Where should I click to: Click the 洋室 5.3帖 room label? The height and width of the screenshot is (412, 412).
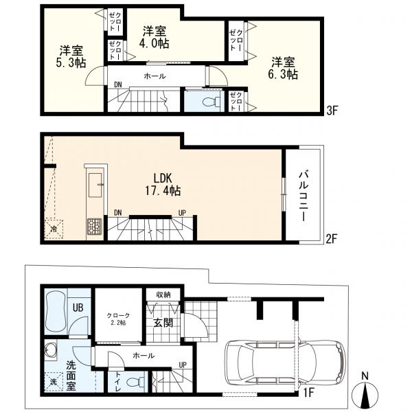pyautogui.click(x=71, y=56)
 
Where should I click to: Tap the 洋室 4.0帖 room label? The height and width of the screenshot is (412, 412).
pyautogui.click(x=154, y=37)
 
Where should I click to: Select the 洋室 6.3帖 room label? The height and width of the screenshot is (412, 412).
pyautogui.click(x=283, y=68)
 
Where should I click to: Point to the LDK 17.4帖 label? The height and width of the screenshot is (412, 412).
pyautogui.click(x=163, y=184)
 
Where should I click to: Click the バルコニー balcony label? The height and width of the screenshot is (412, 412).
pyautogui.click(x=304, y=196)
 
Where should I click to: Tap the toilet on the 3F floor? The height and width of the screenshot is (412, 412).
pyautogui.click(x=213, y=101)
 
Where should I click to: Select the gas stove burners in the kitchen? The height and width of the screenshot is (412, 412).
pyautogui.click(x=94, y=227)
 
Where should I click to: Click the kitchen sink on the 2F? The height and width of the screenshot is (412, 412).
pyautogui.click(x=95, y=185)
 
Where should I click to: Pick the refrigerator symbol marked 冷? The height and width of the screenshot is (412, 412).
pyautogui.click(x=54, y=229)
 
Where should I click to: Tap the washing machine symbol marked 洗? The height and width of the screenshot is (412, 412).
pyautogui.click(x=54, y=382)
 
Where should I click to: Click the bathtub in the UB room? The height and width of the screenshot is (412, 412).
pyautogui.click(x=56, y=311)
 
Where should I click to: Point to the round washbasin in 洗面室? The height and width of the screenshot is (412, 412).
pyautogui.click(x=50, y=350)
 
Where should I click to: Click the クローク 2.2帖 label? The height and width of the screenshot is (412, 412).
pyautogui.click(x=118, y=319)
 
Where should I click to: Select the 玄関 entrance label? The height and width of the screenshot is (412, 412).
pyautogui.click(x=163, y=323)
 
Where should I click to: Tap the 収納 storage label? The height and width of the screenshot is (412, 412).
pyautogui.click(x=163, y=295)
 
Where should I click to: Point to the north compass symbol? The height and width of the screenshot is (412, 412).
pyautogui.click(x=365, y=390)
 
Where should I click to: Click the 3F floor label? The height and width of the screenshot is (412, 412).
pyautogui.click(x=332, y=111)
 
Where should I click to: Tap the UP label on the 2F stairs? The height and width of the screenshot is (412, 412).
pyautogui.click(x=182, y=213)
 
